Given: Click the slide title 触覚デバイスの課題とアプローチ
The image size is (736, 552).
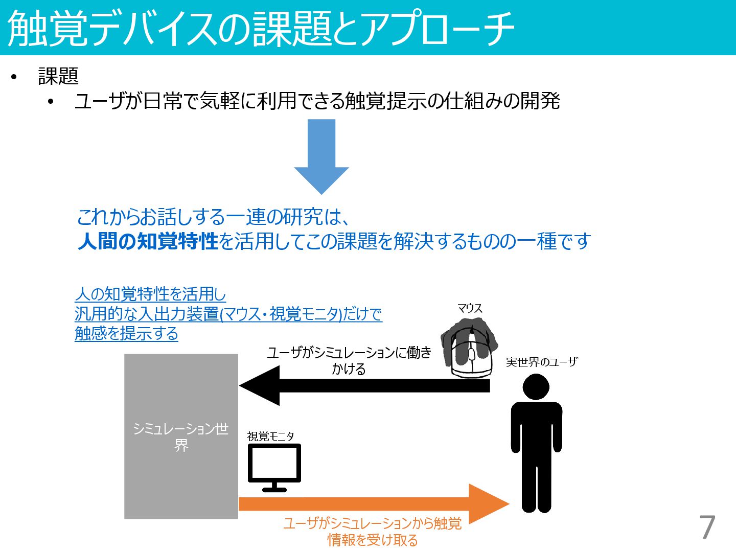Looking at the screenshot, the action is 261,28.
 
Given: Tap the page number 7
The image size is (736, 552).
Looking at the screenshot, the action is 707,527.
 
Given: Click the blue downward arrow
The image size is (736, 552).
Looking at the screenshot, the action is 321,155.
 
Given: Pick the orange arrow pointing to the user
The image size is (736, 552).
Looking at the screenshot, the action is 373,504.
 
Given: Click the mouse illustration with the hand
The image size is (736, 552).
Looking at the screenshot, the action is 470,348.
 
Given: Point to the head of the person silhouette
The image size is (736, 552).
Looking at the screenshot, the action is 536,387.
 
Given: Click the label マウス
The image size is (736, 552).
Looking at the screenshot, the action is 470,308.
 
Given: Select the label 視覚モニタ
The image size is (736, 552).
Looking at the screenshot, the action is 271,436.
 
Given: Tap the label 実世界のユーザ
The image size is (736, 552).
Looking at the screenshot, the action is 542,362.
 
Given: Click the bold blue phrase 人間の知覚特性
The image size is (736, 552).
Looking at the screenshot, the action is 148,241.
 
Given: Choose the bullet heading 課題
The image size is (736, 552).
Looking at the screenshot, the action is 58,76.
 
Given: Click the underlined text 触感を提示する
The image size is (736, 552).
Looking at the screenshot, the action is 126,333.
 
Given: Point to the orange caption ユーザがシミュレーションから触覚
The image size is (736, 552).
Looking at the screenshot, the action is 372,523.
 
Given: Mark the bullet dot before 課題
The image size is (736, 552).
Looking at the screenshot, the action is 14,77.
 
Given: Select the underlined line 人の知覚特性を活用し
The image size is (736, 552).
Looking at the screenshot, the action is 150,294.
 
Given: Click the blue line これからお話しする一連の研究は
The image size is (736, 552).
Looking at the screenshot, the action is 213,217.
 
